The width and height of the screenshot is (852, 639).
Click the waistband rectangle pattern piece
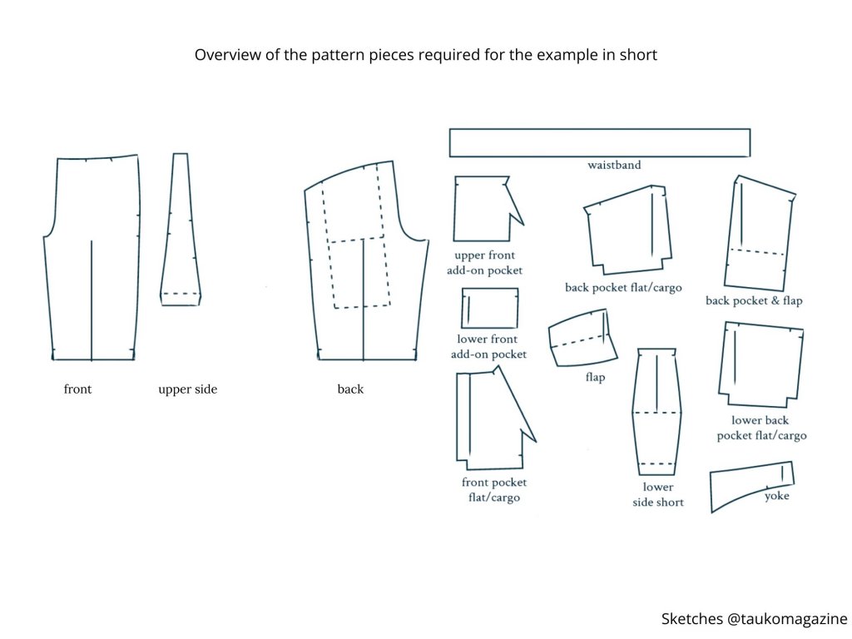[599, 142]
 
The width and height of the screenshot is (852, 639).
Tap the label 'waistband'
[614, 166]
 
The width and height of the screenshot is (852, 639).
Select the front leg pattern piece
[92, 258]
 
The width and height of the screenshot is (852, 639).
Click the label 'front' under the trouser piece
[77, 389]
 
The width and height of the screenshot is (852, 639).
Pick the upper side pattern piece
[181, 233]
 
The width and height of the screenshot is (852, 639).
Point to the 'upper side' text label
[187, 389]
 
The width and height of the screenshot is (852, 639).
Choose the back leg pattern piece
[366, 266]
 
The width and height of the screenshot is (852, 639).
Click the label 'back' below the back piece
[350, 389]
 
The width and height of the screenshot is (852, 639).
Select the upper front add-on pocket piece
[483, 208]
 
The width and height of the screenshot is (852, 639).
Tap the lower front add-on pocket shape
[490, 308]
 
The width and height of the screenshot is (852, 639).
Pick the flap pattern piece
[582, 338]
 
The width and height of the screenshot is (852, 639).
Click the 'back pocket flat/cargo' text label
[623, 288]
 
